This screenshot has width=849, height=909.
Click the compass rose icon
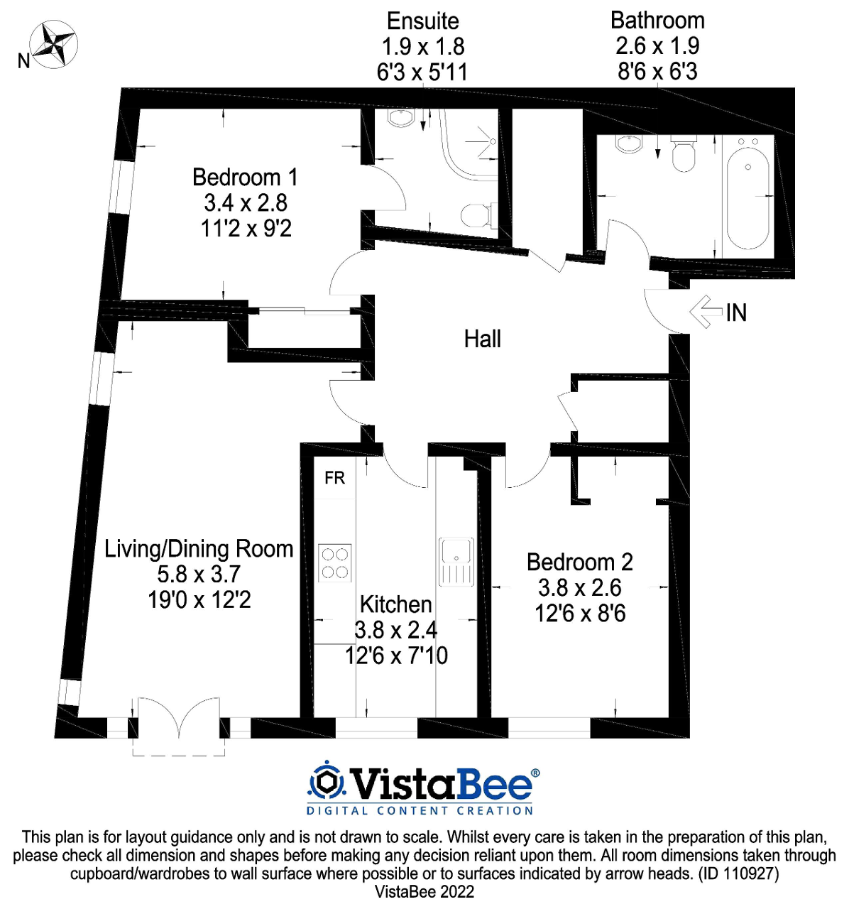pos(53,45)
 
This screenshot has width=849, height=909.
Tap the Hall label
pos(482,339)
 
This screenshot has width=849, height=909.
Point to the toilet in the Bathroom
pos(684,154)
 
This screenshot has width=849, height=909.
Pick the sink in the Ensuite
pos(401,118)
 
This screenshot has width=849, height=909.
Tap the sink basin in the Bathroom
pos(630,143)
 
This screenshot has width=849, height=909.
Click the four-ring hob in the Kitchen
pos(334,562)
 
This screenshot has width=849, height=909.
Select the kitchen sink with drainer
pos(456,562)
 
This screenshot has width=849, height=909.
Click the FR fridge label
pos(334,478)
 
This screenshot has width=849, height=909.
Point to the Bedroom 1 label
pos(245,177)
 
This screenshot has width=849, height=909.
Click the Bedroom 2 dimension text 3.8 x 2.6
pos(579,588)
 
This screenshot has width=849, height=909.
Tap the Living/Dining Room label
pos(199,549)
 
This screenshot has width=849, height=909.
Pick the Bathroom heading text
pos(657,21)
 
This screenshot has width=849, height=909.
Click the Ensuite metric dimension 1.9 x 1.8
pos(423,47)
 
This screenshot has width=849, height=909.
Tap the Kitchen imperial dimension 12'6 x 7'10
pos(396,655)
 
